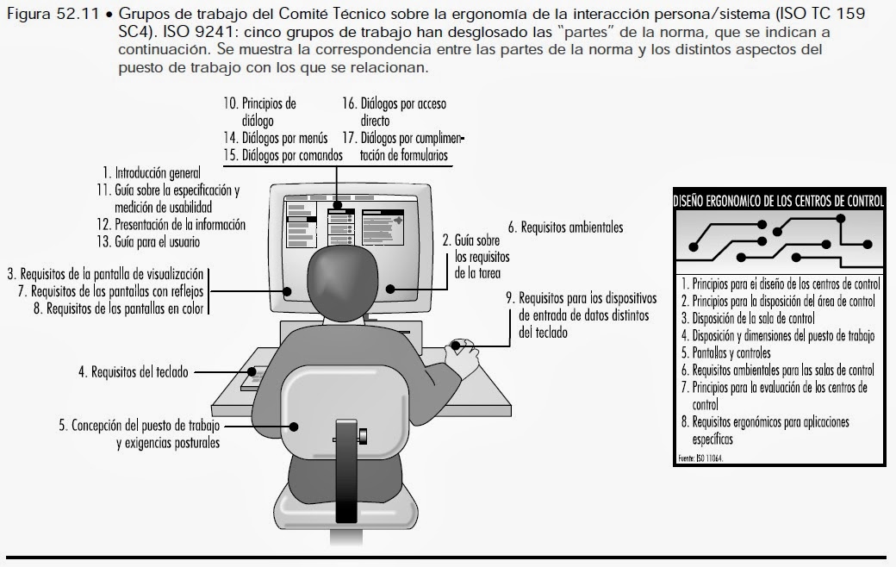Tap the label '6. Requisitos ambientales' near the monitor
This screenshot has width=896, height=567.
tap(565, 228)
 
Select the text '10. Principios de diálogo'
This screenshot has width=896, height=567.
tap(259, 112)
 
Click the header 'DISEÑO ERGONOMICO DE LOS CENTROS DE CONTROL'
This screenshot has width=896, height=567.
tap(778, 202)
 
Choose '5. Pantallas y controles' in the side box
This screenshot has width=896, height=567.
tap(725, 353)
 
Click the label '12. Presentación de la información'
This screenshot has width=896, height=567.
tap(171, 225)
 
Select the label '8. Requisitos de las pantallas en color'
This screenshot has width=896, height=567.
tap(121, 308)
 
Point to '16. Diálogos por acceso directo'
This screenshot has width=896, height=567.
tap(393, 112)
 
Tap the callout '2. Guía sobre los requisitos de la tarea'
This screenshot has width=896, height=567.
tap(476, 258)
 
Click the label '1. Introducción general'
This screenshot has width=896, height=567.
tap(151, 172)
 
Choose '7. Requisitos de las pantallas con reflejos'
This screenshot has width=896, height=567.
tap(112, 290)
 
